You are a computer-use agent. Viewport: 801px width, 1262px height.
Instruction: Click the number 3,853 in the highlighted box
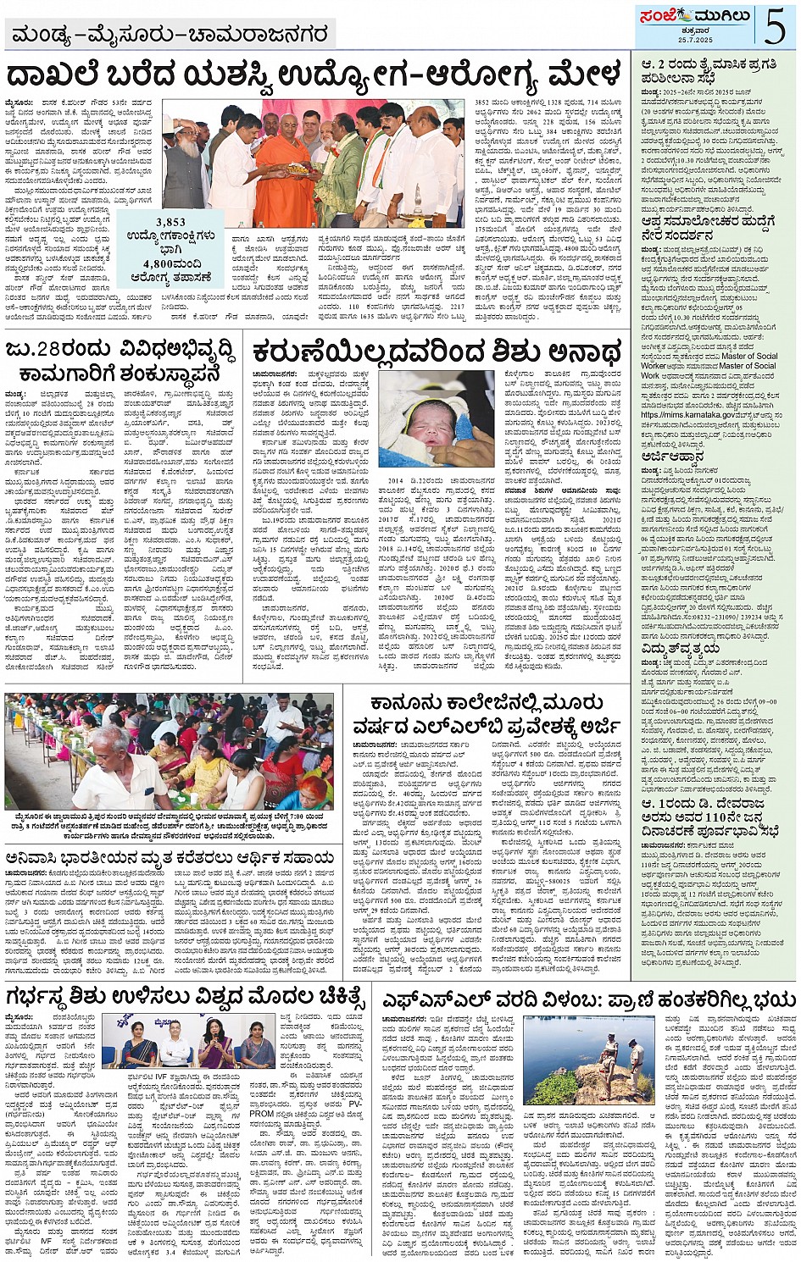pyautogui.click(x=170, y=222)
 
